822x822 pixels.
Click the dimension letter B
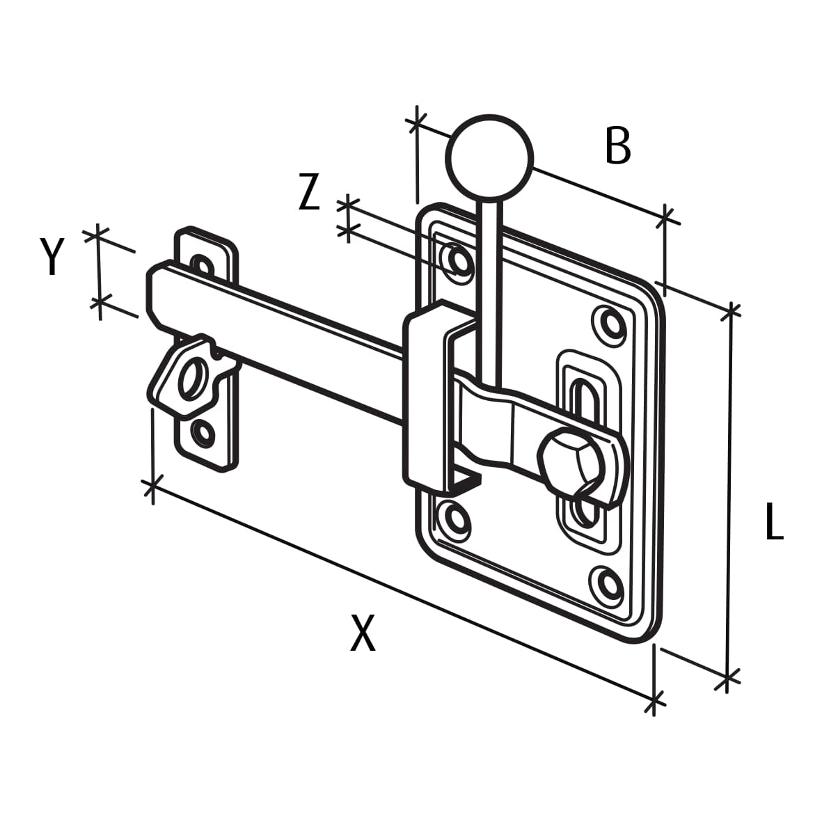[x=618, y=146]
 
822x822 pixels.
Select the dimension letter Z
[x=309, y=193]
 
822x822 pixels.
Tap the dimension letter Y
[x=52, y=256]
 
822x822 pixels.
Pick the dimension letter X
[x=363, y=633]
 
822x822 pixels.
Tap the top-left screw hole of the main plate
[x=459, y=260]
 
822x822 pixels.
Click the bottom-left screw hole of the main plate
[x=456, y=518]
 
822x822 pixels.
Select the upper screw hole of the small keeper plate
[x=202, y=264]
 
